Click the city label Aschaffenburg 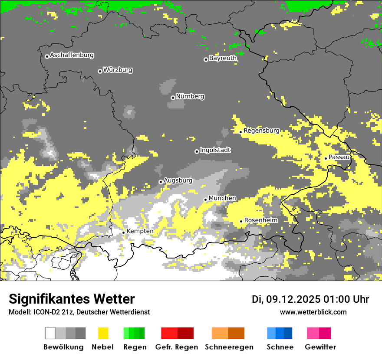pos(72,55)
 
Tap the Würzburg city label pos(118,70)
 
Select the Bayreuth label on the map pos(223,58)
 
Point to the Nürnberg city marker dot pos(173,98)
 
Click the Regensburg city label pos(261,131)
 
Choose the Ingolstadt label pos(215,150)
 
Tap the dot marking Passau pos(326,158)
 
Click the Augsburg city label pos(178,180)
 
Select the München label pos(222,198)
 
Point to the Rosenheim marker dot pos(241,221)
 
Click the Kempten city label pos(140,231)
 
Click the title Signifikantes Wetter pos(72,299)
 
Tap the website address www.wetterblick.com pos(313,312)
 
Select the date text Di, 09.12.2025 pos(286,299)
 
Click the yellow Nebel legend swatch pos(103,333)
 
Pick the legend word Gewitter pos(320,347)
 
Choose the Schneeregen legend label pos(229,347)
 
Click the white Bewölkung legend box pos(50,333)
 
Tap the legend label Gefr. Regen pos(176,347)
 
